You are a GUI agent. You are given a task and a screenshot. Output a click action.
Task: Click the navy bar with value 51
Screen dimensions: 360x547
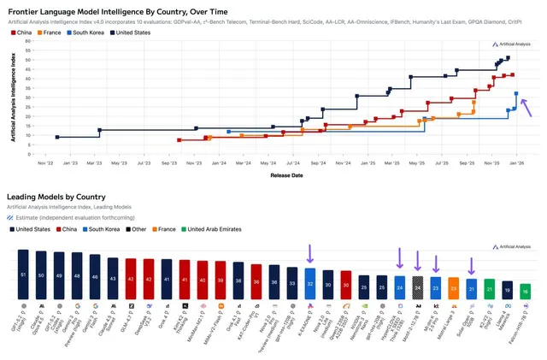[23, 274]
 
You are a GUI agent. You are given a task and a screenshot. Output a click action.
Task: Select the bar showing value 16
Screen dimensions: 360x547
[525, 290]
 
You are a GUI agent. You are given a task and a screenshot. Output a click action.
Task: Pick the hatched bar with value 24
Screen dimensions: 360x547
[417, 286]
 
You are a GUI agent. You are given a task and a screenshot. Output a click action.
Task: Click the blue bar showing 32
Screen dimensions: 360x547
[309, 282]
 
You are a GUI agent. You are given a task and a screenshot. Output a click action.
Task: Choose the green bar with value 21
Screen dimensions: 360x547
[489, 287]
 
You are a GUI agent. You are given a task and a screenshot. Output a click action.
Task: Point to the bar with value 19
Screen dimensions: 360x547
[507, 289]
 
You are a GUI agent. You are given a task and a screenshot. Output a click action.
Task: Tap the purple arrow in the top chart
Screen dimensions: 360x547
[526, 105]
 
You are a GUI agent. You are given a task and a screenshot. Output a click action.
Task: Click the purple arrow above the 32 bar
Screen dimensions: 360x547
[309, 253]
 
